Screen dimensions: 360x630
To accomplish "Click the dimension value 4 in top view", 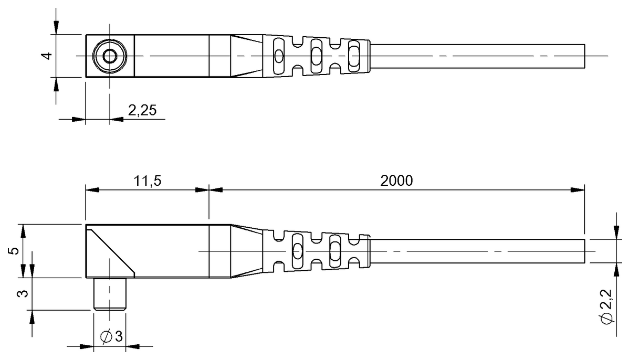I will pos(48,55).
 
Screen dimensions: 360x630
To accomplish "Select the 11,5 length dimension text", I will pos(148,181).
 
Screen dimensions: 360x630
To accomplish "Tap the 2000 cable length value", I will pos(396,181).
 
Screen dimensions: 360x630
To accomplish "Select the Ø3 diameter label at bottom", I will pos(111,336).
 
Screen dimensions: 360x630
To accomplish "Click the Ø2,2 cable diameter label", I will pos(606,311).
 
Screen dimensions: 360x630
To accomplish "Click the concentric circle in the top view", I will pos(110,56).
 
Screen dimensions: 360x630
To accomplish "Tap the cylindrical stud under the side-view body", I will pos(110,294).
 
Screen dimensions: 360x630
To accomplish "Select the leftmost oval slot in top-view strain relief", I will pos(279,56).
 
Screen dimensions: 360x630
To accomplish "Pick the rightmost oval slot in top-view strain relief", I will pos(353,56).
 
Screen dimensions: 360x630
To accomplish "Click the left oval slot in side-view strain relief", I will pos(297,251).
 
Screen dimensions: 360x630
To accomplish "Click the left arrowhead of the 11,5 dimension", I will pos(91,190).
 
